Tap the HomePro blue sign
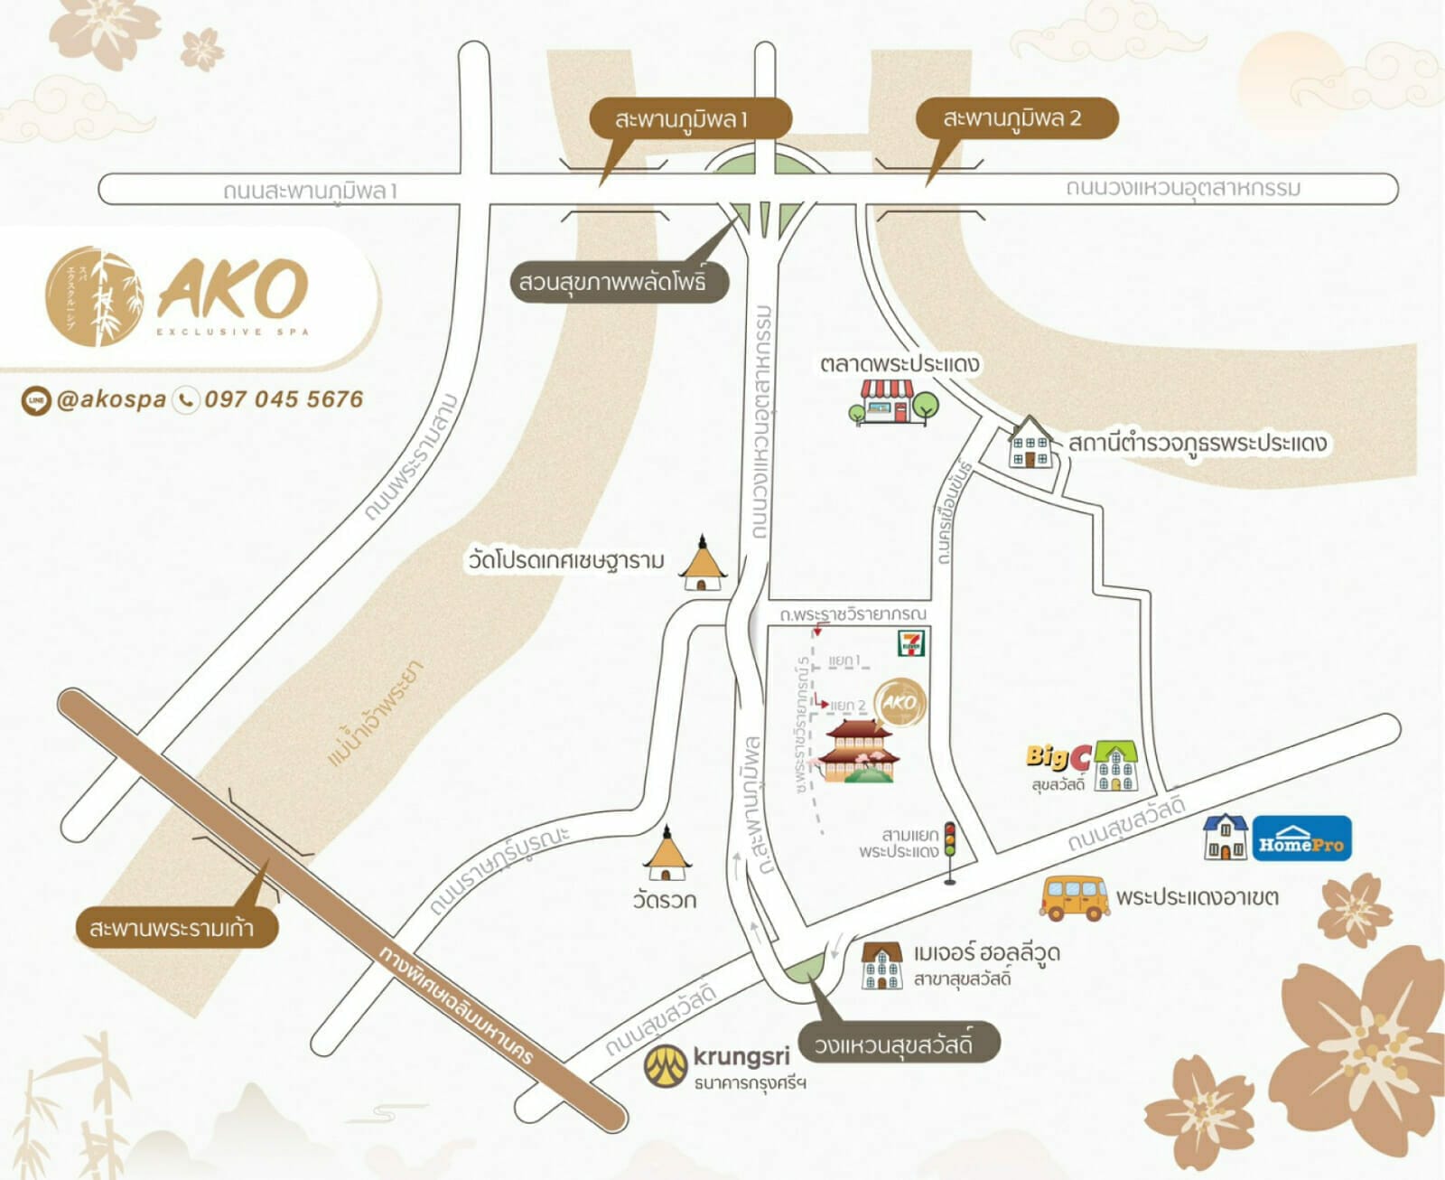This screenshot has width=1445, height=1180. [1301, 838]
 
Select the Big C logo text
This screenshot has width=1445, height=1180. [1058, 758]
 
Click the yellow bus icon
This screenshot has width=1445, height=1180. [1074, 897]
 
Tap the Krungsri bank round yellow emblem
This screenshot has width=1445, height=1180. [666, 1066]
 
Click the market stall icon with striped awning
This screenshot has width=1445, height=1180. [886, 400]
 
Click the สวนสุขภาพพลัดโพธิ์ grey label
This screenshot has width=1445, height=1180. [611, 282]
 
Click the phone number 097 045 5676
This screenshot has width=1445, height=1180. [284, 399]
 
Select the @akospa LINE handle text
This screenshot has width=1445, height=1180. [111, 399]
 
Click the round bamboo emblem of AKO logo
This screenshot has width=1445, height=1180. [94, 296]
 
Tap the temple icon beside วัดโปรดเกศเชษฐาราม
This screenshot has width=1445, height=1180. [702, 564]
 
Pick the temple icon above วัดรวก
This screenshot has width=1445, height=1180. [667, 854]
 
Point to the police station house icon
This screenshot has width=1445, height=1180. [1030, 444]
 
